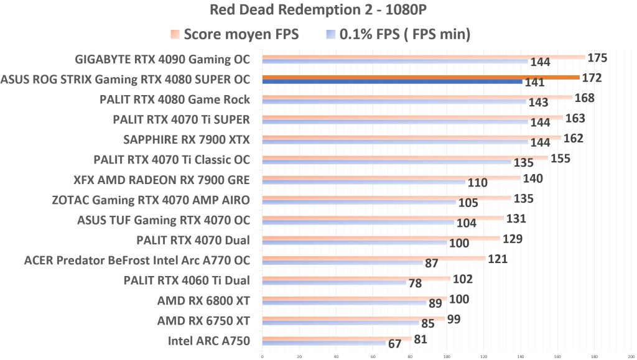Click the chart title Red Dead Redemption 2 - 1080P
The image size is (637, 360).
[x=318, y=11]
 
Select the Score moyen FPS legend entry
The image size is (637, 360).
[x=235, y=35]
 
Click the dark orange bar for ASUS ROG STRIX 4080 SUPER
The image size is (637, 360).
[x=421, y=78]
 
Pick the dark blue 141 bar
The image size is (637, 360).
[x=392, y=82]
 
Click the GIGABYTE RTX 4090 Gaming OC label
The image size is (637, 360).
[x=162, y=60]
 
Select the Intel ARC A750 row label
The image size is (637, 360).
[x=208, y=341]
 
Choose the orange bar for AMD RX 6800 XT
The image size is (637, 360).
[x=355, y=299]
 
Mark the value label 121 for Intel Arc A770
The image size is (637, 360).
[x=498, y=259]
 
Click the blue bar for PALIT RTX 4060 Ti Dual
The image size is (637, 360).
[x=334, y=283]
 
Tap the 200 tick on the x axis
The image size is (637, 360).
[x=631, y=356]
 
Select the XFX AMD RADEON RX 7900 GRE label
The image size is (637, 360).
[x=161, y=180]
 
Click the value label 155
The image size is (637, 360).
[x=560, y=159]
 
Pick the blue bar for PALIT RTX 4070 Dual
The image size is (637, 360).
[x=355, y=242]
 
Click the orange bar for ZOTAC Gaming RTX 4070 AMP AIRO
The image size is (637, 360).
[x=386, y=198]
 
